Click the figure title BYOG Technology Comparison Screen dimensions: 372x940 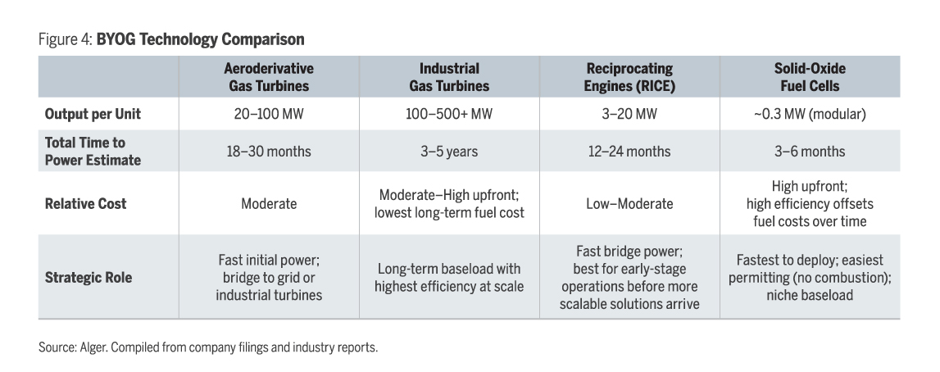(x=200, y=39)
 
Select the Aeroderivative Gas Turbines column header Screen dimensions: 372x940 (x=269, y=77)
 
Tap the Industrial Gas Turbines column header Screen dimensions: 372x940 (x=449, y=77)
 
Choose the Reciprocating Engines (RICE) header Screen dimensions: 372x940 (x=629, y=77)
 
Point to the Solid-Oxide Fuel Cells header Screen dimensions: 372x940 (x=810, y=77)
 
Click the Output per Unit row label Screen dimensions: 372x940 (x=87, y=114)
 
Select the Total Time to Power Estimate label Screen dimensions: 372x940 (x=93, y=152)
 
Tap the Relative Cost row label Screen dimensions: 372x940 (x=85, y=203)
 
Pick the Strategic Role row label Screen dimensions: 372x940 (x=88, y=277)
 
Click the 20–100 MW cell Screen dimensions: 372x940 (x=269, y=114)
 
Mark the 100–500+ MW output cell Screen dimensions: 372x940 (x=449, y=114)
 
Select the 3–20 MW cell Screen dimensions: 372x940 (x=629, y=114)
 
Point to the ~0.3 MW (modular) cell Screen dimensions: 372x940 (x=810, y=114)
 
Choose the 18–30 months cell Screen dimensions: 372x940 (x=269, y=152)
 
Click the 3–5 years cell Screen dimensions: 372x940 (x=449, y=152)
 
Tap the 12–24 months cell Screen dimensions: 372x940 (x=629, y=152)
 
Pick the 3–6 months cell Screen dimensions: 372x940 (x=810, y=152)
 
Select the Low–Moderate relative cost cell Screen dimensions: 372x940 (x=629, y=203)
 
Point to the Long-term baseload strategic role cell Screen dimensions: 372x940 (x=449, y=277)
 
